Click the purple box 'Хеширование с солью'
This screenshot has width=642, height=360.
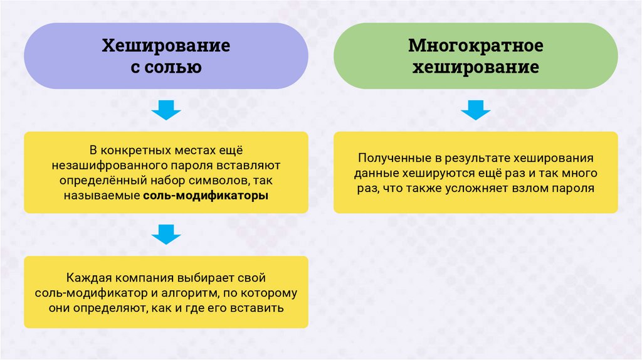(x=166, y=56)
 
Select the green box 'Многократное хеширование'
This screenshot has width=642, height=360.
(x=475, y=56)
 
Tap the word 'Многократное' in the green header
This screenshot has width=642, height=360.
(x=475, y=46)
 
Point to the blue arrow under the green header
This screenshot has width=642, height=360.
(x=475, y=111)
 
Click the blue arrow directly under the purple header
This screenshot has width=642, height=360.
(x=166, y=111)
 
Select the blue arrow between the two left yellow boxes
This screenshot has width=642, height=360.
(x=166, y=235)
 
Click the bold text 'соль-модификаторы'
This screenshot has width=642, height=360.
(x=205, y=196)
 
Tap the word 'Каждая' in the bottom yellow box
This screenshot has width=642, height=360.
(x=84, y=277)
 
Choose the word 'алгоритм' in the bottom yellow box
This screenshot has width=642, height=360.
(x=189, y=292)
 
